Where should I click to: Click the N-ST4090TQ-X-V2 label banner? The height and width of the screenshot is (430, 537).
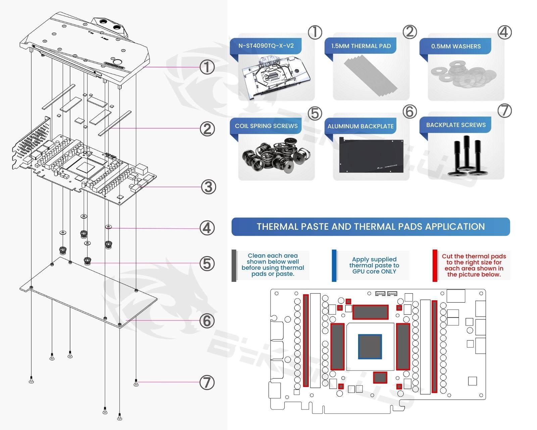tap(266, 46)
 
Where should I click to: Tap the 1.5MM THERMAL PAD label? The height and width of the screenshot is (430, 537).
tap(361, 46)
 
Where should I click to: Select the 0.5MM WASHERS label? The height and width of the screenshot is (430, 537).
tap(456, 46)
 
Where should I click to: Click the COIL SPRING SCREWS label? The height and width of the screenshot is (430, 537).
tap(266, 126)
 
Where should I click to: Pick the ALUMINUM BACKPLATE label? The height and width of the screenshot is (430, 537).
tap(360, 126)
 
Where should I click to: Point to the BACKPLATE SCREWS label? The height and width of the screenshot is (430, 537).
tap(456, 125)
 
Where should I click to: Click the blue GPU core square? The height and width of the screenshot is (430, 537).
tap(370, 346)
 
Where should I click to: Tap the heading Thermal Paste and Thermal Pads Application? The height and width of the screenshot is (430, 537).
tap(371, 227)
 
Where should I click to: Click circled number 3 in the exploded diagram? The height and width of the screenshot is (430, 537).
tap(208, 187)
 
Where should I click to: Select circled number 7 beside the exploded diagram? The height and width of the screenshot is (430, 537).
tap(207, 382)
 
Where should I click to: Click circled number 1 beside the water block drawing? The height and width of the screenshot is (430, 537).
tap(207, 67)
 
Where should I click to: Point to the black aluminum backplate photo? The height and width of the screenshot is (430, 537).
tap(371, 155)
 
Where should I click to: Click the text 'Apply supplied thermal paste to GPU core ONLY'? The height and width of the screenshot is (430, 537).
tap(374, 265)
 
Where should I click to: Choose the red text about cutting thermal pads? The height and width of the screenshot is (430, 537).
tap(474, 265)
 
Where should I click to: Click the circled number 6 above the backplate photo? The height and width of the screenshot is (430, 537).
tap(409, 112)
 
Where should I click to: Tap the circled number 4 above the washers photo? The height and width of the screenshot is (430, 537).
tap(504, 33)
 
